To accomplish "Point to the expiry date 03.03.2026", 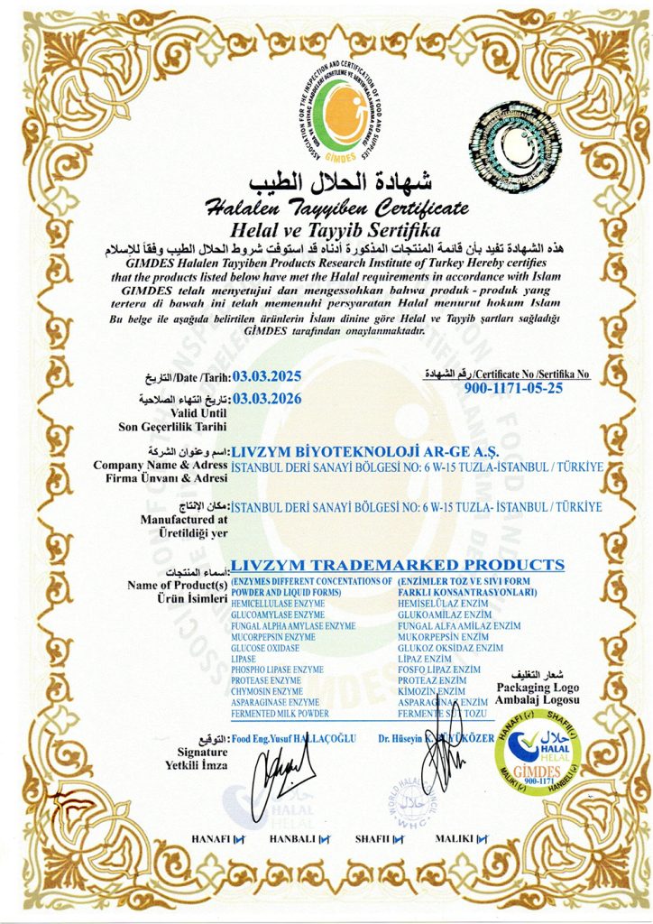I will click(x=266, y=397).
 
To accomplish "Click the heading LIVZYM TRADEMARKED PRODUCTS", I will click(x=398, y=565).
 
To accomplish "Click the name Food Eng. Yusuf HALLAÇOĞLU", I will click(x=295, y=738).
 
